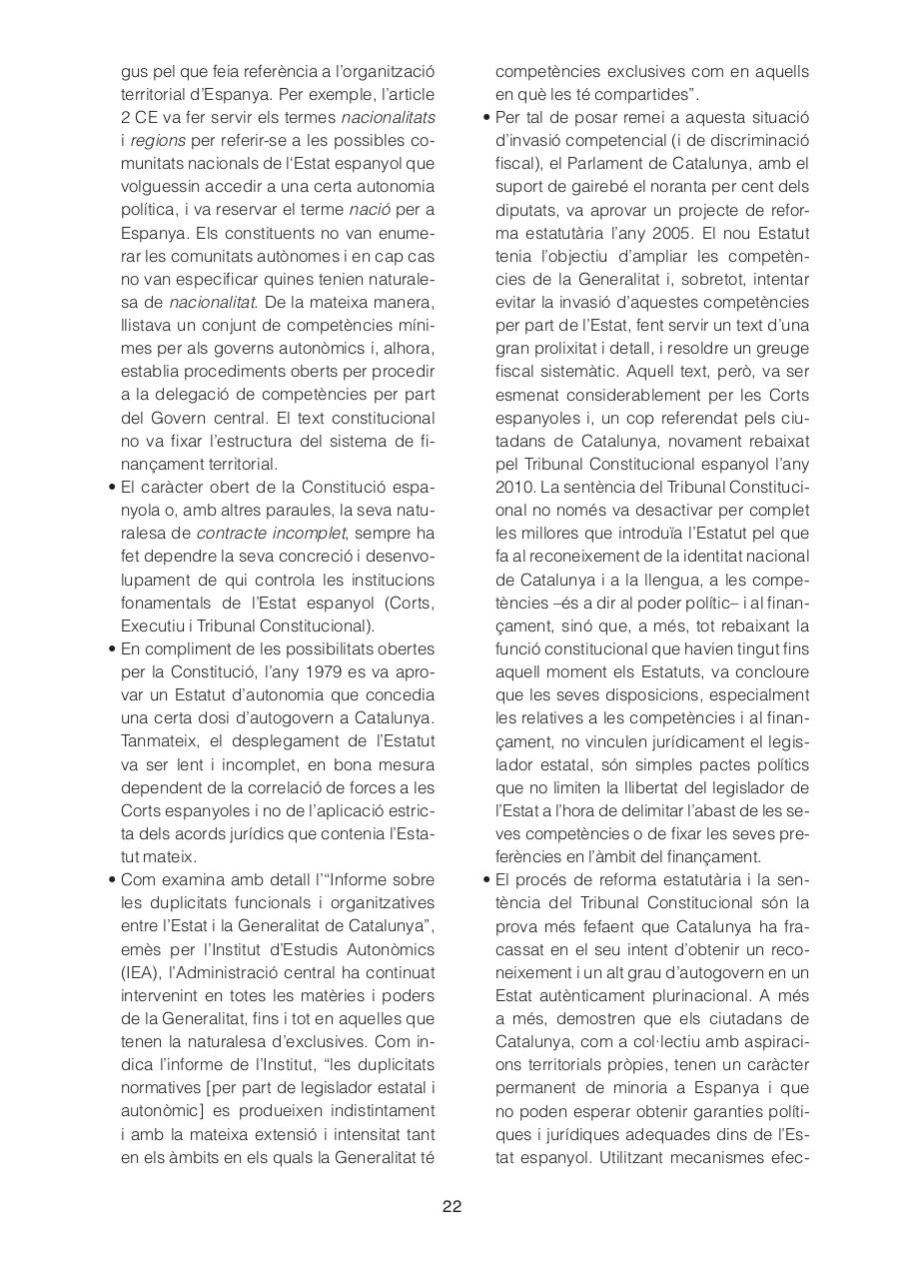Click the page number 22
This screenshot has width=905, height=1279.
click(452, 1206)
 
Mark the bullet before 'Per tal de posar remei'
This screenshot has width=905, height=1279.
click(484, 118)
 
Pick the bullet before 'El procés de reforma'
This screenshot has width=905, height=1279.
click(484, 879)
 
